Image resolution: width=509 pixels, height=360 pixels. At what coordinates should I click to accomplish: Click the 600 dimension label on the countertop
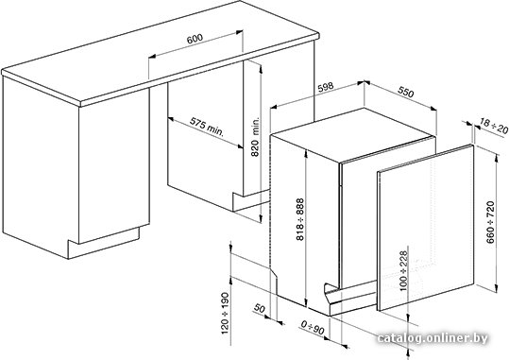pyautogui.click(x=195, y=38)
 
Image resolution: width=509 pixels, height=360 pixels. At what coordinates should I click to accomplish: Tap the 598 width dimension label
pyautogui.click(x=325, y=87)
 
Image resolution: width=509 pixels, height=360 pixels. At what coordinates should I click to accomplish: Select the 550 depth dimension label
pyautogui.click(x=406, y=93)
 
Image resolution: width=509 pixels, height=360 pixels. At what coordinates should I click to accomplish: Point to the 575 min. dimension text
pyautogui.click(x=207, y=127)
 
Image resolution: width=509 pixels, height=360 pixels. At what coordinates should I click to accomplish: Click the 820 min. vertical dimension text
pyautogui.click(x=256, y=137)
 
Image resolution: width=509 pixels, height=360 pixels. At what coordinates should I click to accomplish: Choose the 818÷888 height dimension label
pyautogui.click(x=300, y=219)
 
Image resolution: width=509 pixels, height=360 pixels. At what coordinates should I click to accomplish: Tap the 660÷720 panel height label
pyautogui.click(x=490, y=222)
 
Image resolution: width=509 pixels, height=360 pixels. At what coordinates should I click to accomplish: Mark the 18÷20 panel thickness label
pyautogui.click(x=494, y=127)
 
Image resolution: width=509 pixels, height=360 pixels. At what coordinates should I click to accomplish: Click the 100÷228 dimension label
pyautogui.click(x=403, y=270)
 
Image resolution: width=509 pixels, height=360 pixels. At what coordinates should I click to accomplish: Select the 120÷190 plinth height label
pyautogui.click(x=225, y=313)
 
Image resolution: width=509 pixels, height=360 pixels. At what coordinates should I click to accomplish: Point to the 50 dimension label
pyautogui.click(x=260, y=308)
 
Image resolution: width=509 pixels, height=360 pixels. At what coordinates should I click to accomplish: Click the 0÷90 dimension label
pyautogui.click(x=313, y=328)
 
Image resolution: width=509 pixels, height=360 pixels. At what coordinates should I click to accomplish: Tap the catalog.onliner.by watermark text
pyautogui.click(x=433, y=338)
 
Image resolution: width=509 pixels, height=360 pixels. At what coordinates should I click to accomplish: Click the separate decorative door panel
pyautogui.click(x=425, y=228)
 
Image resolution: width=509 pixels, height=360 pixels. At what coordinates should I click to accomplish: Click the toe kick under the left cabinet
pyautogui.click(x=104, y=242)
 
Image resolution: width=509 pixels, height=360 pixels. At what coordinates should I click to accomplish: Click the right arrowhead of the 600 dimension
pyautogui.click(x=239, y=32)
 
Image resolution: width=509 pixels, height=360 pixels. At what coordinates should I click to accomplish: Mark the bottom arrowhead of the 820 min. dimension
pyautogui.click(x=261, y=218)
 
